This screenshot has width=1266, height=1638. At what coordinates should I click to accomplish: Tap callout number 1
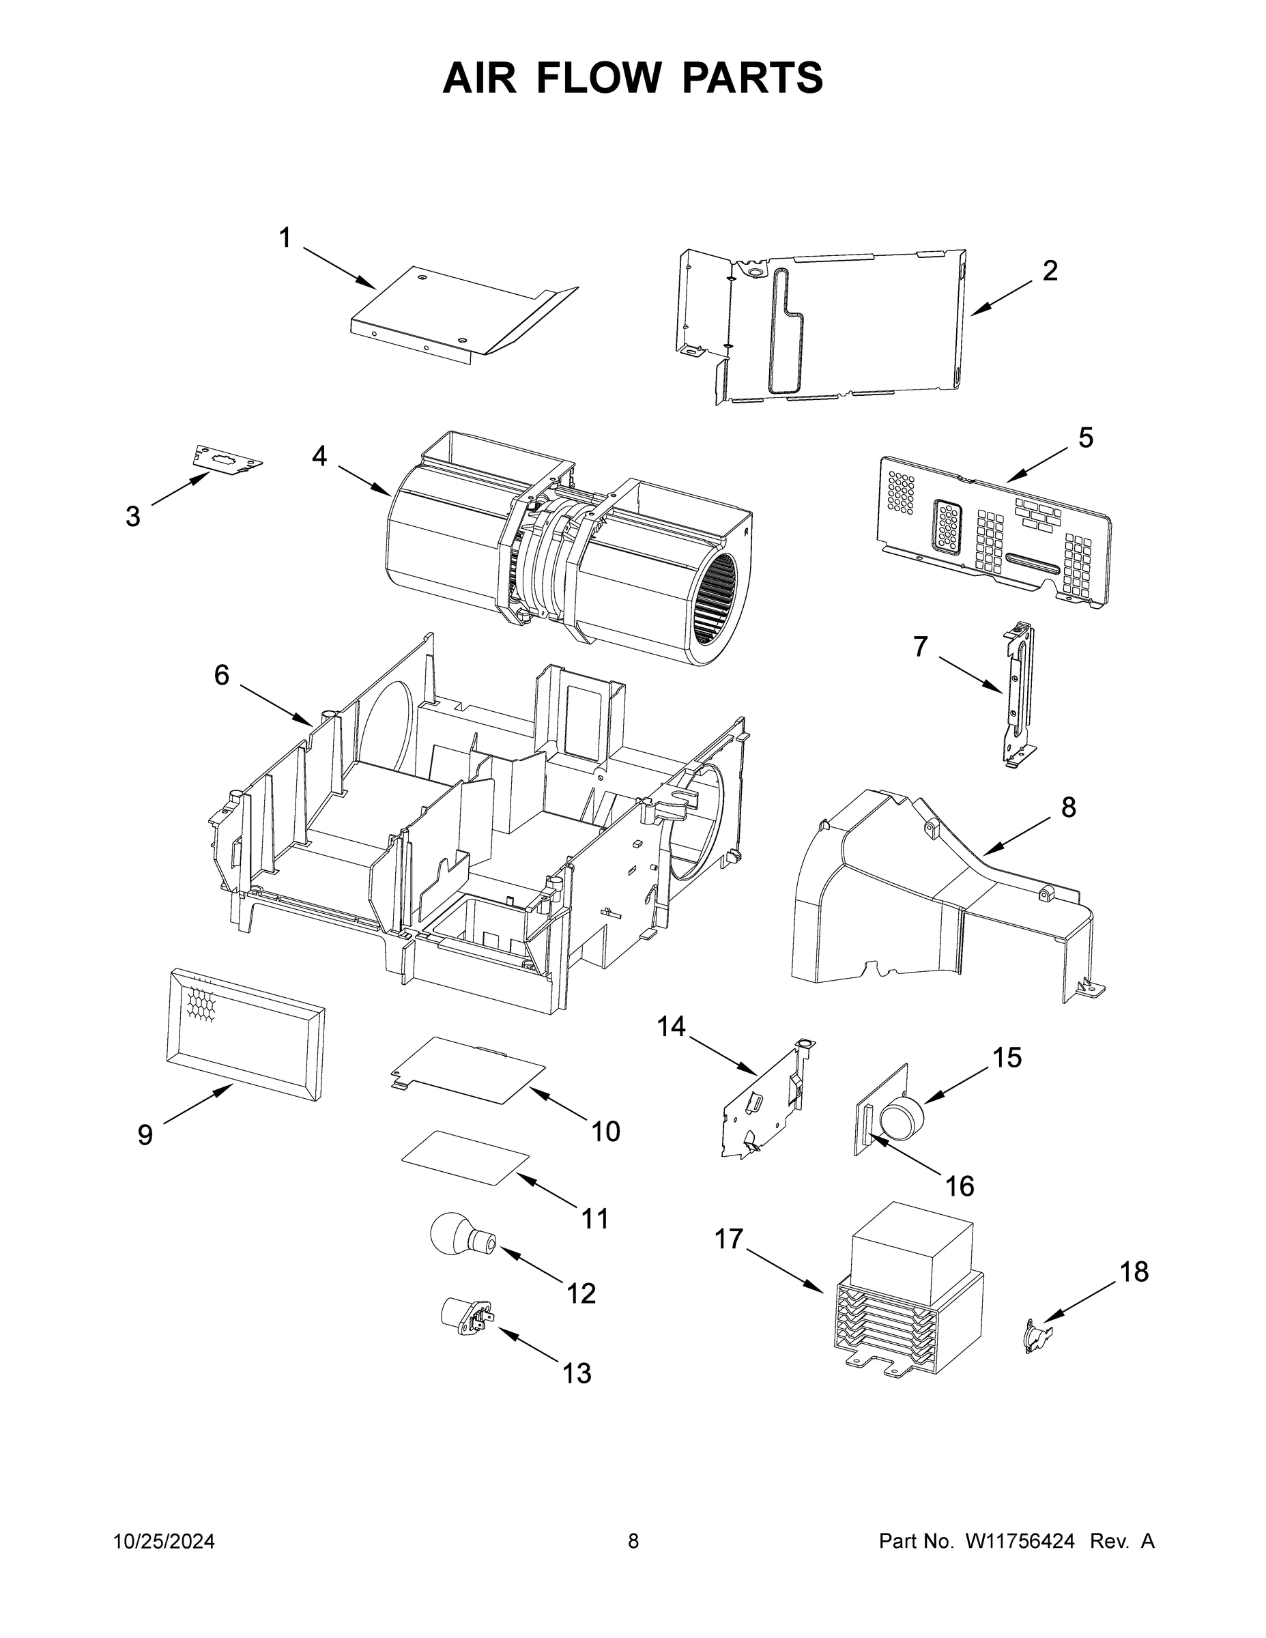[x=285, y=238]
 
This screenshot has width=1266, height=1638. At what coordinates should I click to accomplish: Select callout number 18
[x=1134, y=1272]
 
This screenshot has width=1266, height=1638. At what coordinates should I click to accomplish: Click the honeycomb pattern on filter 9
[x=203, y=1004]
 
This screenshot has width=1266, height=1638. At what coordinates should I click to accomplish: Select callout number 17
[x=728, y=1239]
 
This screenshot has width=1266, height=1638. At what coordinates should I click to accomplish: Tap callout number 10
[x=605, y=1132]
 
